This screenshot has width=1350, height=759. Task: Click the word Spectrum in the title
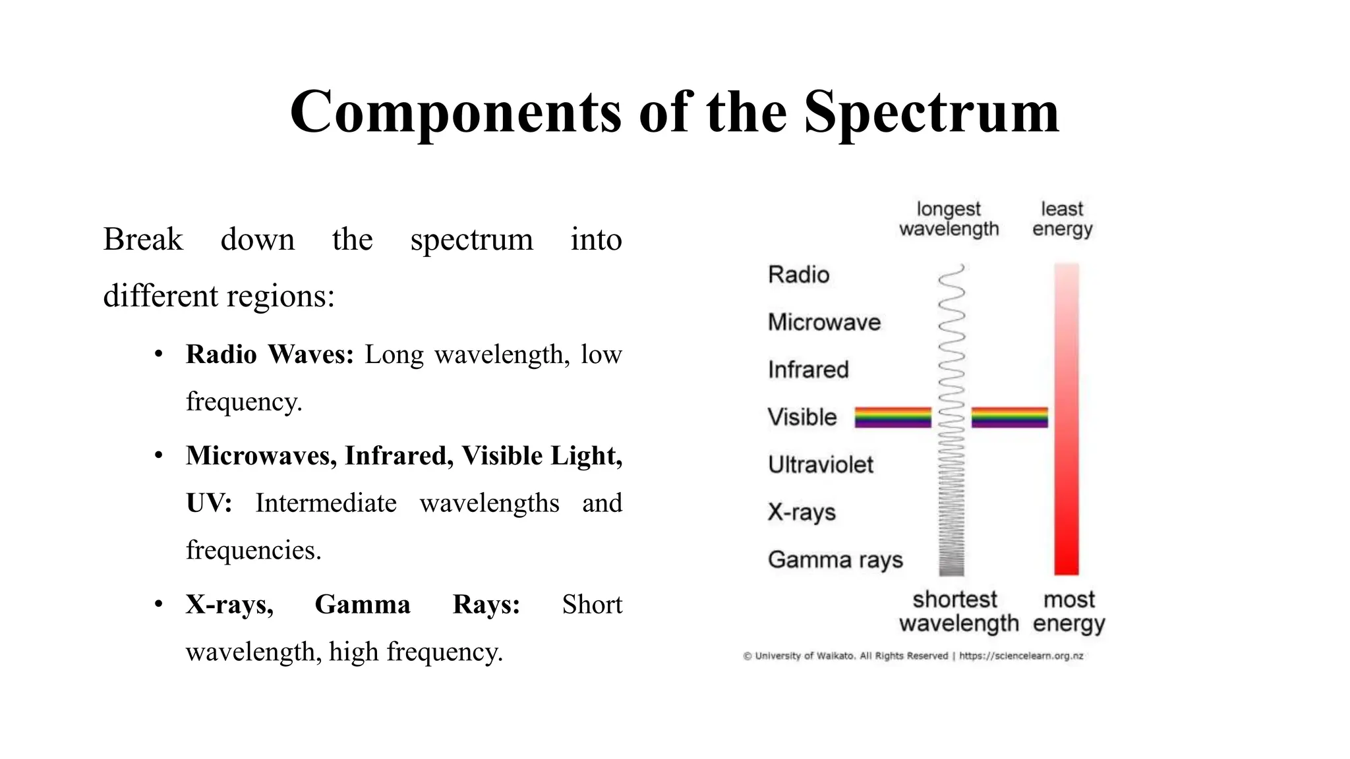pyautogui.click(x=931, y=112)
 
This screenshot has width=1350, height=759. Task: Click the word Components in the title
pyautogui.click(x=455, y=112)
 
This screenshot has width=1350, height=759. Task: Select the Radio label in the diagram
pyautogui.click(x=798, y=275)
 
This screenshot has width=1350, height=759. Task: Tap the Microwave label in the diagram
pyautogui.click(x=824, y=322)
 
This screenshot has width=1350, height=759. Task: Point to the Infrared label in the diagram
pyautogui.click(x=808, y=370)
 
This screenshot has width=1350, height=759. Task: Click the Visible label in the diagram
pyautogui.click(x=802, y=417)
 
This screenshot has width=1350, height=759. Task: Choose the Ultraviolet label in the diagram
pyautogui.click(x=820, y=464)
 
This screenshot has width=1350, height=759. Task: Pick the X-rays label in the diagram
pyautogui.click(x=802, y=512)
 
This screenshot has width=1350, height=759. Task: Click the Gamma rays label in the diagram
pyautogui.click(x=835, y=559)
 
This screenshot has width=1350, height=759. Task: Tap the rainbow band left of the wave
pyautogui.click(x=893, y=417)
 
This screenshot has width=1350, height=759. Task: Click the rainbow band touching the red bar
pyautogui.click(x=1009, y=417)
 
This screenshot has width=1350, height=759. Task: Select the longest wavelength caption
pyautogui.click(x=949, y=219)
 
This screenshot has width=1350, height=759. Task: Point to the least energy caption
pyautogui.click(x=1062, y=219)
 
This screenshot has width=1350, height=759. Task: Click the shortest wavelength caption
pyautogui.click(x=958, y=611)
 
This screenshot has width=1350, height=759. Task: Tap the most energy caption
pyautogui.click(x=1069, y=611)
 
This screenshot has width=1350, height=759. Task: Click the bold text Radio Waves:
pyautogui.click(x=270, y=354)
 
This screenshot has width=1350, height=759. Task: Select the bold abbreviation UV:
pyautogui.click(x=208, y=503)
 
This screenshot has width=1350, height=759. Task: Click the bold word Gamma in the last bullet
pyautogui.click(x=362, y=604)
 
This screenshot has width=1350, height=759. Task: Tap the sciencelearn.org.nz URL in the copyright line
pyautogui.click(x=1021, y=656)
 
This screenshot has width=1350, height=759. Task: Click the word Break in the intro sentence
pyautogui.click(x=142, y=239)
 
